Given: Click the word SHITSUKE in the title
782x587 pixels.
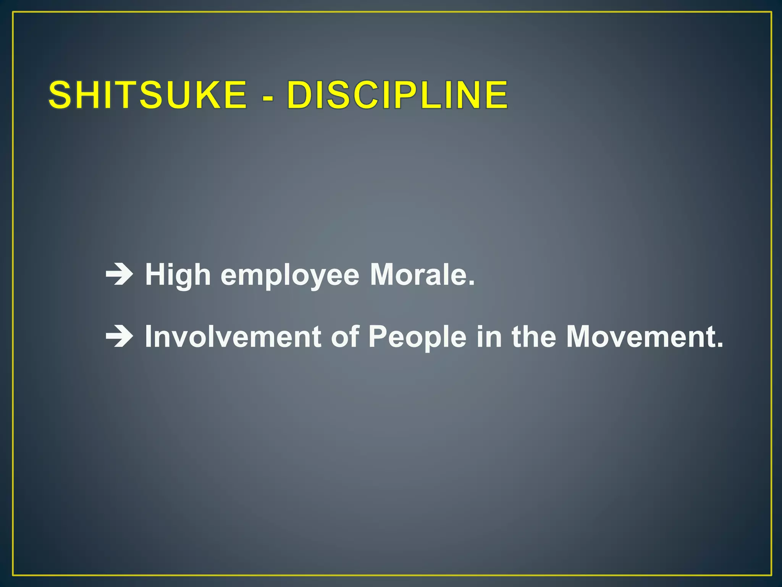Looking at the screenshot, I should (147, 95).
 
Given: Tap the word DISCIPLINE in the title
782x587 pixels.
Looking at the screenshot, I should (397, 95).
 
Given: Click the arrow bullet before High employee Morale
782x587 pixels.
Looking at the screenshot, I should (119, 275).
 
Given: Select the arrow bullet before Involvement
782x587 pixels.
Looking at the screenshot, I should (119, 336).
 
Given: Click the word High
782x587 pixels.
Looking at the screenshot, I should (178, 275).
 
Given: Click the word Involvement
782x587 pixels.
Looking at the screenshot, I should (233, 336).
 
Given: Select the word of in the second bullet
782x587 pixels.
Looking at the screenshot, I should (345, 336).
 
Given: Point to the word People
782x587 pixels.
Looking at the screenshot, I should (417, 337).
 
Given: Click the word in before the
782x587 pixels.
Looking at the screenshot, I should (489, 336).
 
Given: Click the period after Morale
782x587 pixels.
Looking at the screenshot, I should (472, 284).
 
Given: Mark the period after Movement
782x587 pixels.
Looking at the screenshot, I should (720, 345).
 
